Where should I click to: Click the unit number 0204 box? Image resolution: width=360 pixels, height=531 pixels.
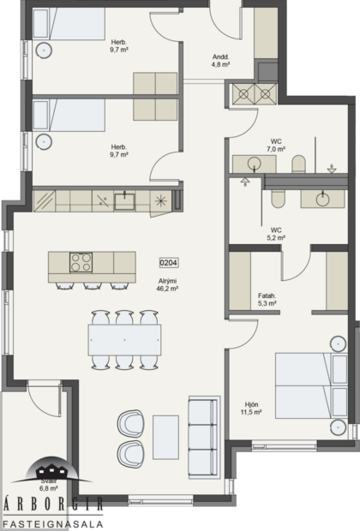(168, 264)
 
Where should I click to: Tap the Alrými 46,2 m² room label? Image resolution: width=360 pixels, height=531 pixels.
(168, 285)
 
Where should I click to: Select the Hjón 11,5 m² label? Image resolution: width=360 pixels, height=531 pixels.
(252, 408)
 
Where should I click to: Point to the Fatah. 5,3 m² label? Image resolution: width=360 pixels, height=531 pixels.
(266, 299)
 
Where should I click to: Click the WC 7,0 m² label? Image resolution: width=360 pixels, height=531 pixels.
(276, 145)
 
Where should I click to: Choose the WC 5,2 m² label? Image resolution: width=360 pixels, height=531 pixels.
(276, 234)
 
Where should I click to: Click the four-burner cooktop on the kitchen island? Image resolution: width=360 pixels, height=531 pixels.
(81, 261)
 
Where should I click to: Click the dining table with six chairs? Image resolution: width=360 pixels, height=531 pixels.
(124, 340)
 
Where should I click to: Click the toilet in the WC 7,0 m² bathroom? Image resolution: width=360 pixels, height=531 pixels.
(297, 163)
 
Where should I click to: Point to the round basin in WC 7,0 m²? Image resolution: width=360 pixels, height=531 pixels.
(254, 162)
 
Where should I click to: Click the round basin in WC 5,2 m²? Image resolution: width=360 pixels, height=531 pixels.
(322, 198)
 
